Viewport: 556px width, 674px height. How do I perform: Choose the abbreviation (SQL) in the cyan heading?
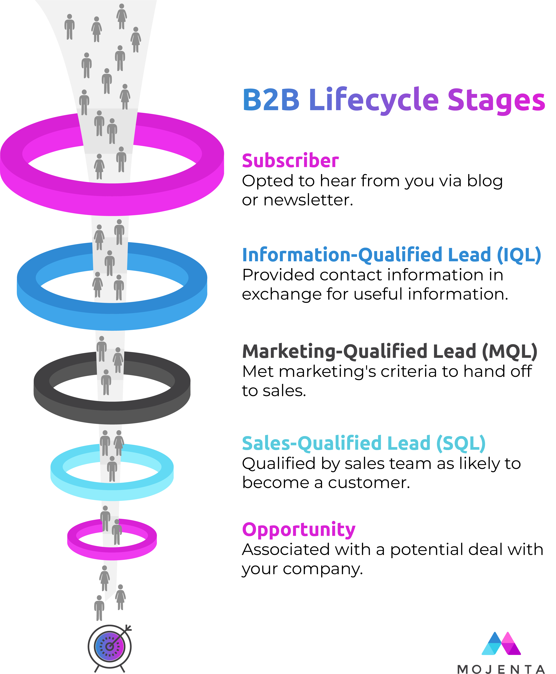461,443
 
